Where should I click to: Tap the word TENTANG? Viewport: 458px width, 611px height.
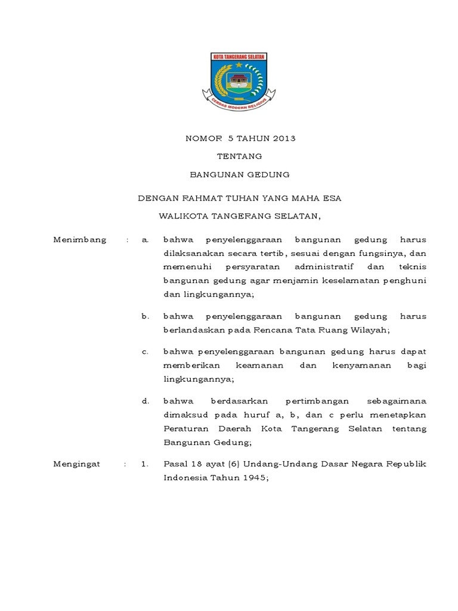pos(239,156)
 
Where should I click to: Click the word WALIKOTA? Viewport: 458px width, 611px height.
pos(180,215)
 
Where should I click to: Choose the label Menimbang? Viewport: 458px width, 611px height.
pos(80,240)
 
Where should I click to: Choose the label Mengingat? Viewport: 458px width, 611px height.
pos(78,463)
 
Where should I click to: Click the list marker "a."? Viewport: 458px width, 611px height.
pos(145,240)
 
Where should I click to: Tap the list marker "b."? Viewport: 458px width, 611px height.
pos(145,316)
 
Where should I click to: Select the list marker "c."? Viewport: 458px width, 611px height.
pos(145,351)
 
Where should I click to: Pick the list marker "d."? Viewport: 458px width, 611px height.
pos(145,400)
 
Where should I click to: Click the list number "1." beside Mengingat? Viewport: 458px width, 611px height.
pos(144,463)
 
